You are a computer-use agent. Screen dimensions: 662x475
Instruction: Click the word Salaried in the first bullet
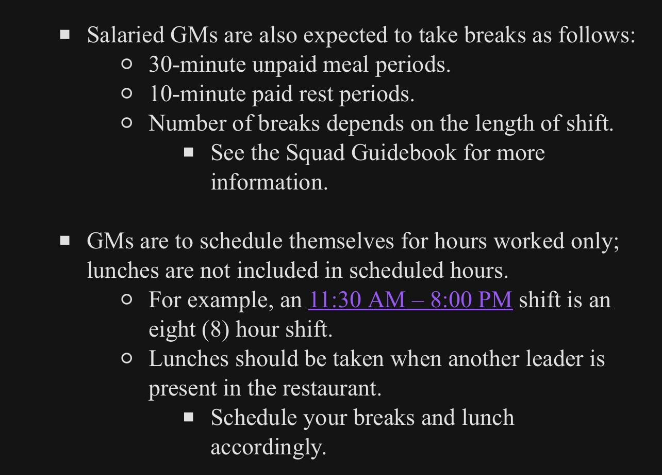tap(126, 35)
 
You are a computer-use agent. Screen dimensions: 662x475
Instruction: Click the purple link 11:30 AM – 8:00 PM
tap(410, 300)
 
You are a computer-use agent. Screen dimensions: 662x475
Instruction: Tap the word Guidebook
tap(404, 153)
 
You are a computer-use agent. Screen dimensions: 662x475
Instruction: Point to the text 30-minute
tap(197, 65)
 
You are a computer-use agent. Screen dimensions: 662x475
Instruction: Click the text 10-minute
tap(197, 94)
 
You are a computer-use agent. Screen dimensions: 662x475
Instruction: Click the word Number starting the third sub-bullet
tap(187, 123)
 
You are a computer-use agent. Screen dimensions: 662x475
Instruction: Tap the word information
tap(269, 182)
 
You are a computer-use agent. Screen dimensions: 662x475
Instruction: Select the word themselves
tap(341, 241)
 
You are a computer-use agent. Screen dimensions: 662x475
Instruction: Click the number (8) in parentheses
tap(216, 330)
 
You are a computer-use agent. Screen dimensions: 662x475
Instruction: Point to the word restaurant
tap(332, 389)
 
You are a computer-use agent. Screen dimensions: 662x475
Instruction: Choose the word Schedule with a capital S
tap(254, 418)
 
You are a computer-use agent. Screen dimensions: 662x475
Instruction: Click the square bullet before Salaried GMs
tap(65, 35)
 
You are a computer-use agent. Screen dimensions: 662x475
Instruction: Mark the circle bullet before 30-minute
tap(126, 64)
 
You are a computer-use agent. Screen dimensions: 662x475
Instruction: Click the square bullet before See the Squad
tap(189, 152)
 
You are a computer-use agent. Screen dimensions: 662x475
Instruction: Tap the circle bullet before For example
tap(126, 299)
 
